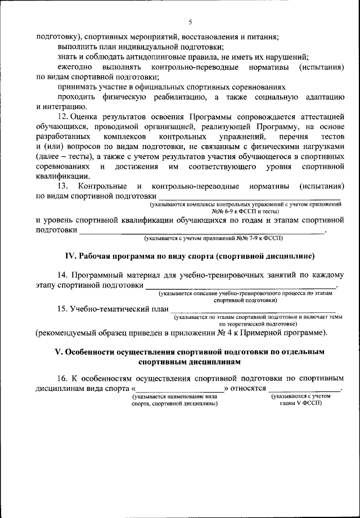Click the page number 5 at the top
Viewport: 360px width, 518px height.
190,22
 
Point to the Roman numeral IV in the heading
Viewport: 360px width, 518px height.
70,256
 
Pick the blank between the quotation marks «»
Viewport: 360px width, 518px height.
180,389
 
